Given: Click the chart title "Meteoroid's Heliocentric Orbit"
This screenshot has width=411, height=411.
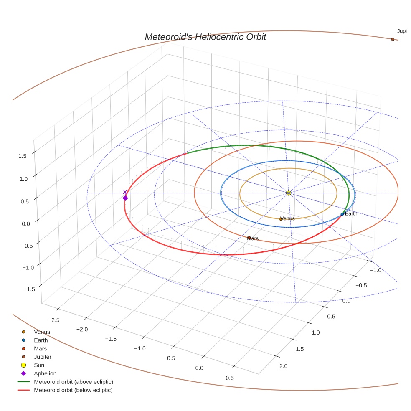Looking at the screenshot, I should (205, 37).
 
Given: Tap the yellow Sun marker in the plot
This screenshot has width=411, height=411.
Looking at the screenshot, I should (289, 193).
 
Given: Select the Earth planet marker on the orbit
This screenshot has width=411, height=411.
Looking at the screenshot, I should (342, 214).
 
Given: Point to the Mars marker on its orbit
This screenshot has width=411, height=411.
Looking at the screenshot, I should (249, 238).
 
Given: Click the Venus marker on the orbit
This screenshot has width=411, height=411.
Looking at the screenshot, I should (281, 219).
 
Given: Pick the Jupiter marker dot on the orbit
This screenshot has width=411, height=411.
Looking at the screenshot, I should (393, 39).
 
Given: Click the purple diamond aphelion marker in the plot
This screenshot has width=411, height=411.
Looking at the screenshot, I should (125, 198).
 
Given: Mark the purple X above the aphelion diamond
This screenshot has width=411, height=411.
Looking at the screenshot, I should (125, 192).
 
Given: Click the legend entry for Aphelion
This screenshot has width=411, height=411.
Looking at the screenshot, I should (45, 373).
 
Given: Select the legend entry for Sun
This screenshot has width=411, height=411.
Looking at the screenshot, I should (39, 365).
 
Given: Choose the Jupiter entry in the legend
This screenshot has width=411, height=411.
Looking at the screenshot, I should (43, 357).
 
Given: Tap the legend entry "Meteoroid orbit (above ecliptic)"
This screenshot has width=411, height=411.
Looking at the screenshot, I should (74, 382).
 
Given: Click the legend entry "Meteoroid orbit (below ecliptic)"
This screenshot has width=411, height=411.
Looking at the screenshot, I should (73, 390).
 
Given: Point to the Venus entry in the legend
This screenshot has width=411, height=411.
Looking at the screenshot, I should (42, 332).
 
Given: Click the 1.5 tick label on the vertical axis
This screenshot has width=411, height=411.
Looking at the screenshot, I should (23, 156).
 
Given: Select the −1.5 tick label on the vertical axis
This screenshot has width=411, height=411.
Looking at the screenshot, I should (20, 289).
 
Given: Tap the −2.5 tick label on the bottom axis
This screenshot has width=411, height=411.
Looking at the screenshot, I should (53, 320).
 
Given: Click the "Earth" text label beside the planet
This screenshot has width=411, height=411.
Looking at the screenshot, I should (351, 214).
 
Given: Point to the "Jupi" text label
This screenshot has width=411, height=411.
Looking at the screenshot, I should (402, 31).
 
